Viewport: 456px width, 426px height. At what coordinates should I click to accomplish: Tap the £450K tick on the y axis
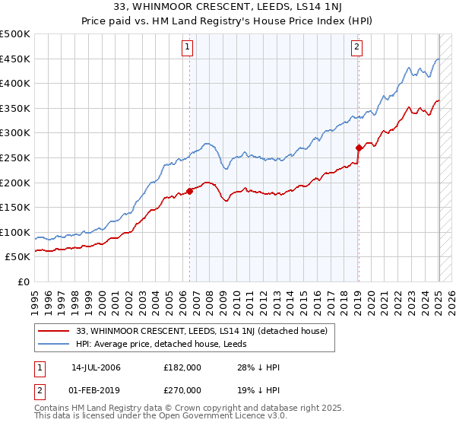[x=16, y=59]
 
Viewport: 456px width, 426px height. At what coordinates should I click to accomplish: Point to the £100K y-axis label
[x=16, y=232]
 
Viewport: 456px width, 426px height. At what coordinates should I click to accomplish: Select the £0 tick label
[x=24, y=281]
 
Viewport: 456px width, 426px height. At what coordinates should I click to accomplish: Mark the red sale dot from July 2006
[x=190, y=191]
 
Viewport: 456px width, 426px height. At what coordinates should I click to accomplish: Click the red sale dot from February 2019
[x=359, y=148]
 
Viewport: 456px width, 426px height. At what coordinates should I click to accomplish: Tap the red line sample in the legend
[x=54, y=331]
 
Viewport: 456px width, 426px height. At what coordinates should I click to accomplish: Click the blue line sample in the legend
[x=54, y=344]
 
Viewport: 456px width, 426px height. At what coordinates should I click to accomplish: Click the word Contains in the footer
[x=53, y=409]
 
